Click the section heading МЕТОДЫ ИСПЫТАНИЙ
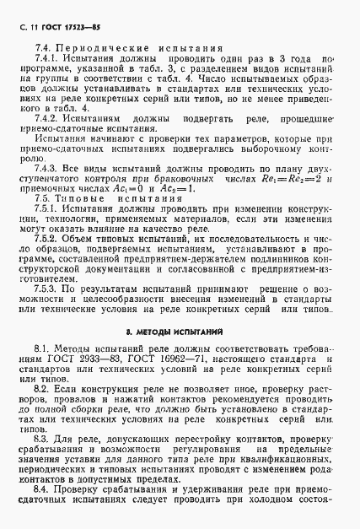pos(186,356)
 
